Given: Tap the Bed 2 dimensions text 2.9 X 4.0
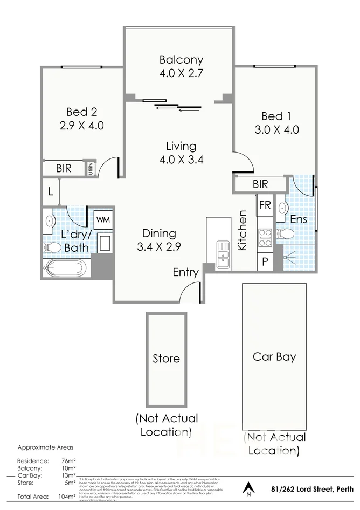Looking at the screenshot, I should coord(81,126).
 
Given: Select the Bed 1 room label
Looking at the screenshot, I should coord(276,116).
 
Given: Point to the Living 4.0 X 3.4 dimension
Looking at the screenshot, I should coord(181,160).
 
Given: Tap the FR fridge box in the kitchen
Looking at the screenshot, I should coord(265,205).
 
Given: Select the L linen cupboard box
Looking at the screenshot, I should coord(51,191).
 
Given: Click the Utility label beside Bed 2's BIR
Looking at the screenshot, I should coord(91,168).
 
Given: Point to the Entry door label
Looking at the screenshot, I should coord(185,273).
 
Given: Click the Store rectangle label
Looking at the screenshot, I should coord(166,359).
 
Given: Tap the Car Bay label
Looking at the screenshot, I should coord(274,357).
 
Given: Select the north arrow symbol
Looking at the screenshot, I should coord(248,488).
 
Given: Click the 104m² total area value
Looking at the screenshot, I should coord(66,497).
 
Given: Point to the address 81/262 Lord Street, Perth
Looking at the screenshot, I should coord(306,489).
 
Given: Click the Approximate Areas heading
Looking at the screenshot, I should coord(46,447).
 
